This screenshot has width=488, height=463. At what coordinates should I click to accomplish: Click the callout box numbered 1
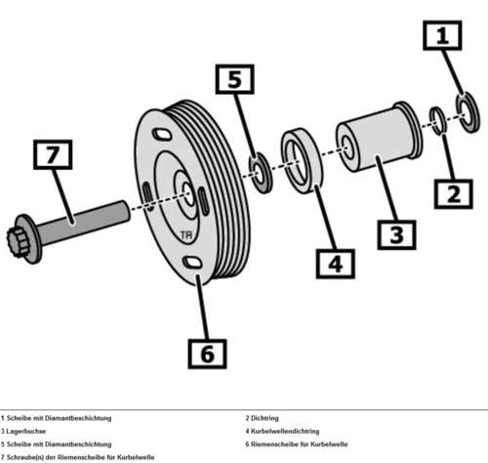point(442,35)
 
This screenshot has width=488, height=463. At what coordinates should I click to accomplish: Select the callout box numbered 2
point(454,194)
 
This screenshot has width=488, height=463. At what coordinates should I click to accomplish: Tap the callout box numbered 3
point(396,234)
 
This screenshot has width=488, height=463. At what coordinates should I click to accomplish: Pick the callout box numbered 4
point(336,264)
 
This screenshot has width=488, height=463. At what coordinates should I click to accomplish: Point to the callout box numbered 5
point(235,79)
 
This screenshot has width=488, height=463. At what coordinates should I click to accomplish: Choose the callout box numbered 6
point(208,354)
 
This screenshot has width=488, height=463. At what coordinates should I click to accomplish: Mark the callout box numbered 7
point(53,154)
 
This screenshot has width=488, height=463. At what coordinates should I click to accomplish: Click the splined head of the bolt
point(17,241)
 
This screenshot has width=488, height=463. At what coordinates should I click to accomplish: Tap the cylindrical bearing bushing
point(379,137)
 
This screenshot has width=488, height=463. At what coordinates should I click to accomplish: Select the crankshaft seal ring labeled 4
point(302,161)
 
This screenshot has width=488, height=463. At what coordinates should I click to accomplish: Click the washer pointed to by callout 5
point(261,173)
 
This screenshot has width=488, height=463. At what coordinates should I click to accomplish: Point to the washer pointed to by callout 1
point(468,112)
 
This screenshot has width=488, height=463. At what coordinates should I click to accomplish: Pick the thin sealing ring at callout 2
point(438,120)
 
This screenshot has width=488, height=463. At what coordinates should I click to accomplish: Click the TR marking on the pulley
point(186,235)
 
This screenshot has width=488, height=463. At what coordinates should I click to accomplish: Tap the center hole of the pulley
point(188,194)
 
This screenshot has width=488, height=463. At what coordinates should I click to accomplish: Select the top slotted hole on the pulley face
point(162,134)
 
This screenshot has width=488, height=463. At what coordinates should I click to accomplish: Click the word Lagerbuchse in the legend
point(26,431)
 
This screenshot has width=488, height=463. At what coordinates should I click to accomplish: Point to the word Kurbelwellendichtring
point(285,431)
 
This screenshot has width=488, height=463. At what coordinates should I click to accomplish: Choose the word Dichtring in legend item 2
point(264,418)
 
